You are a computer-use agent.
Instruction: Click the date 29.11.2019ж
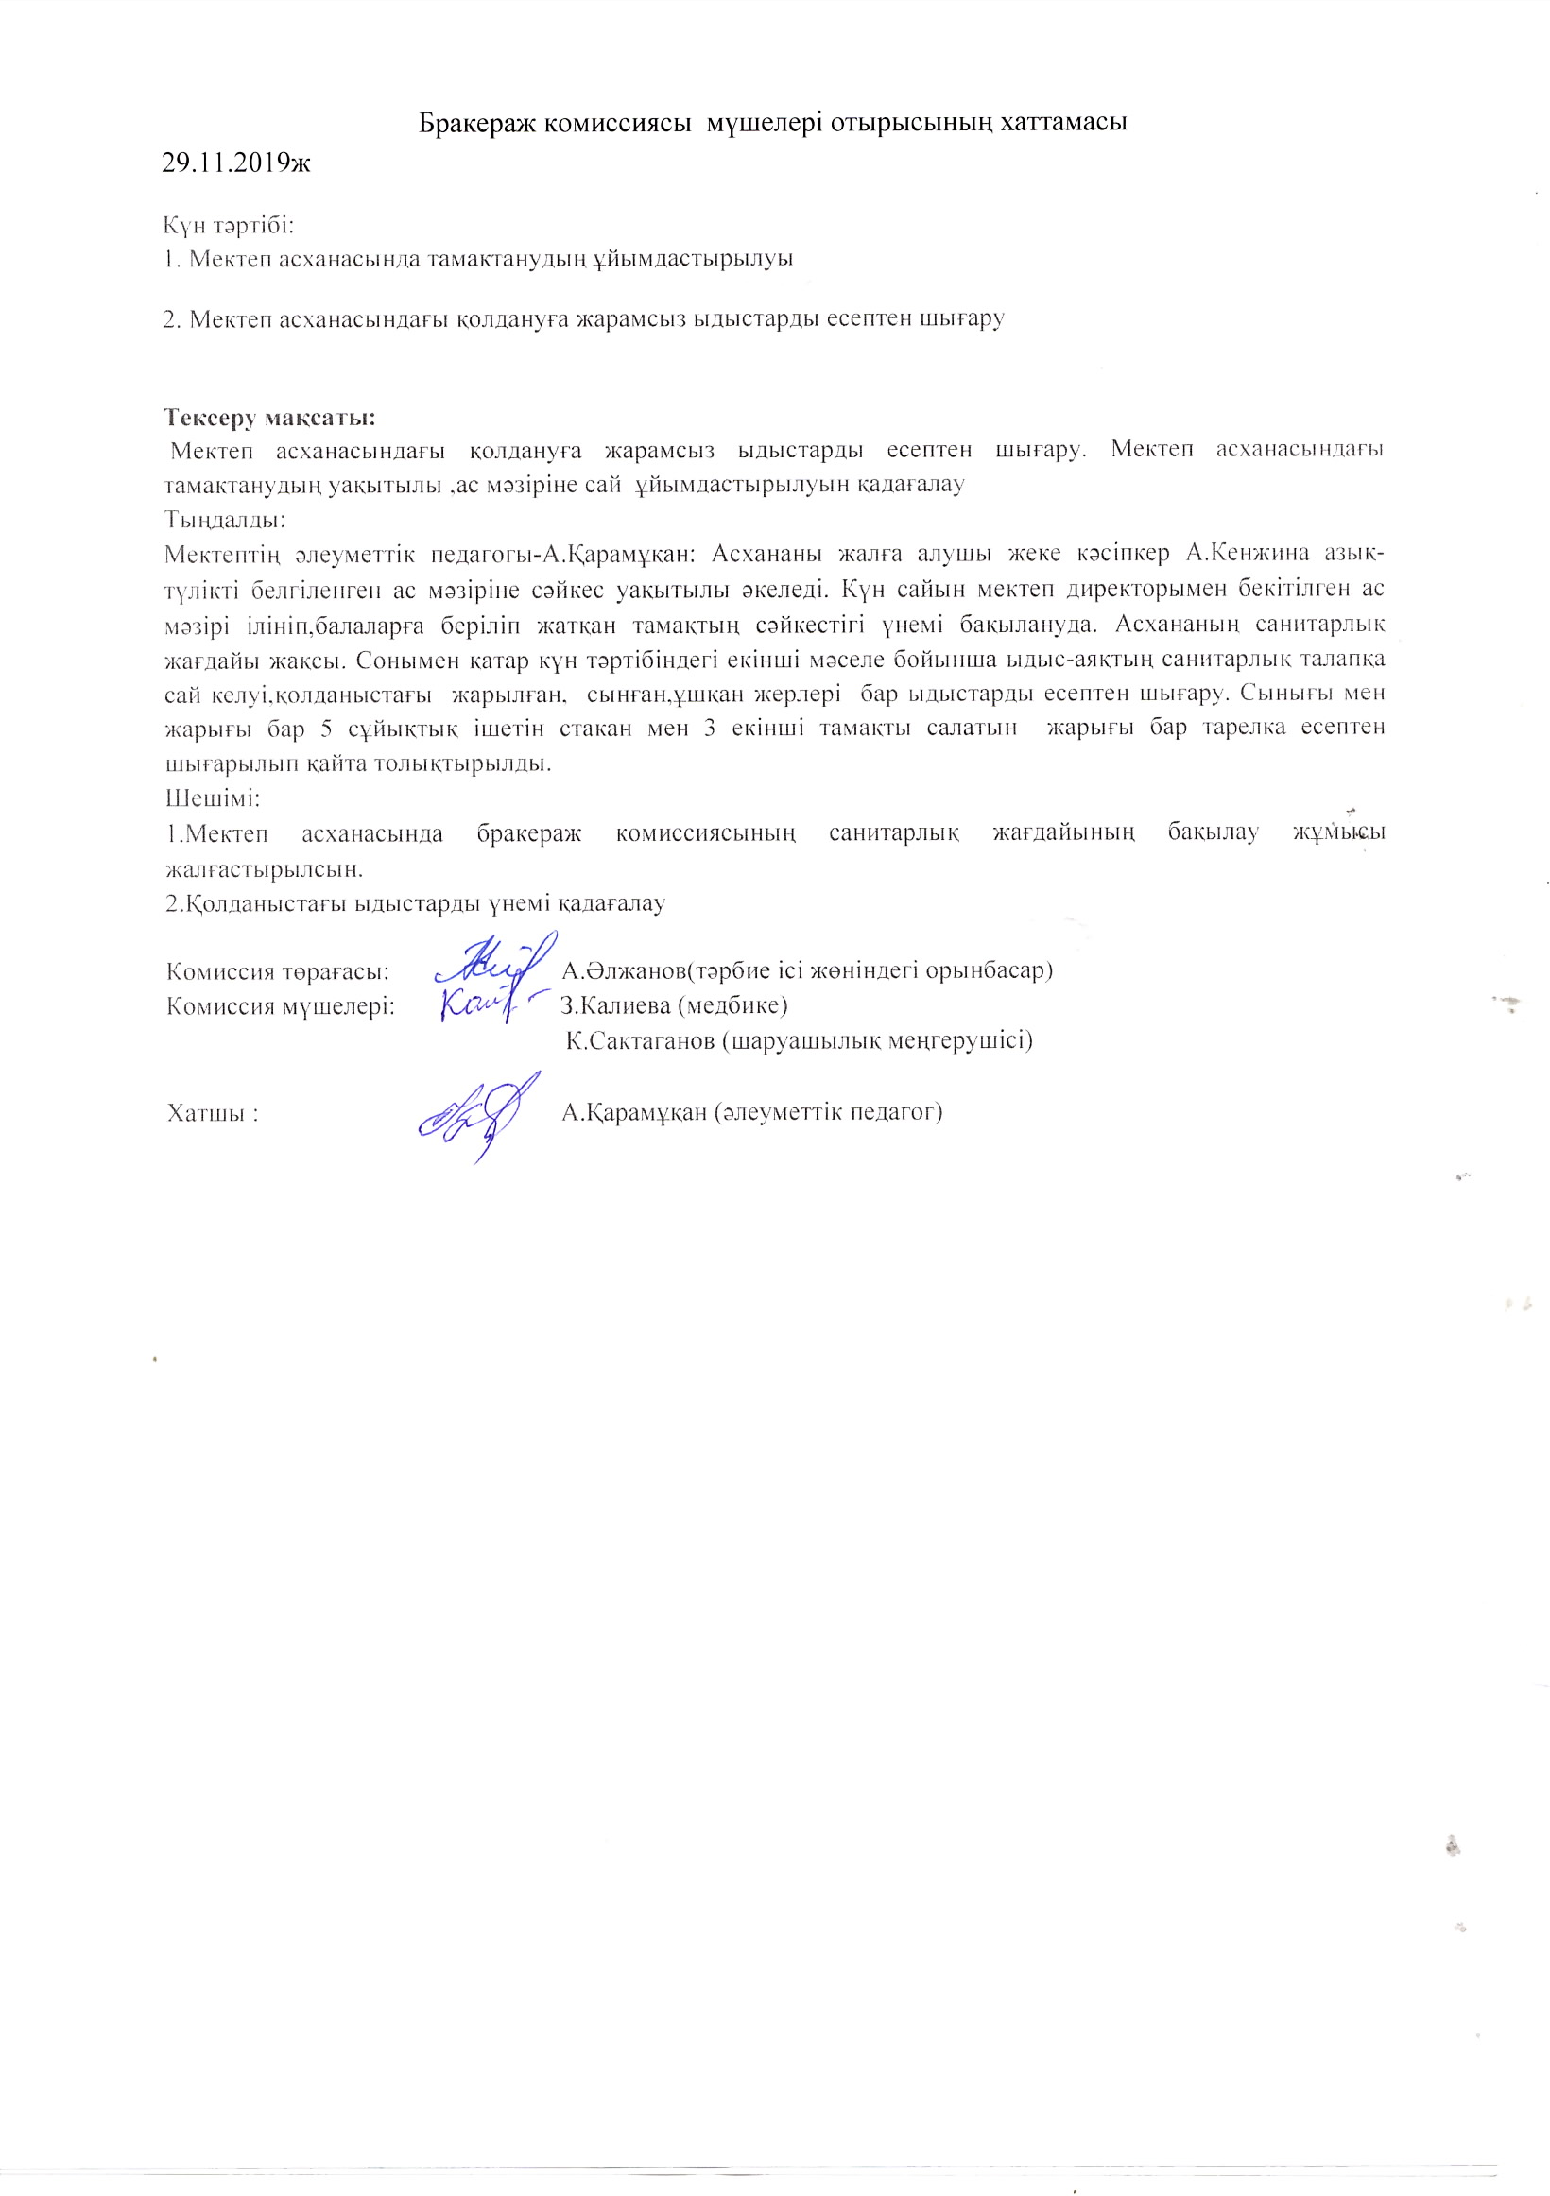[x=236, y=163]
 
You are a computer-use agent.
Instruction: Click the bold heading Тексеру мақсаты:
[x=269, y=418]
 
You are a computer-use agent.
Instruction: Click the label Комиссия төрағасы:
[x=278, y=971]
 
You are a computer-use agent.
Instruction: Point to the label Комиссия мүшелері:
[x=281, y=1006]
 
